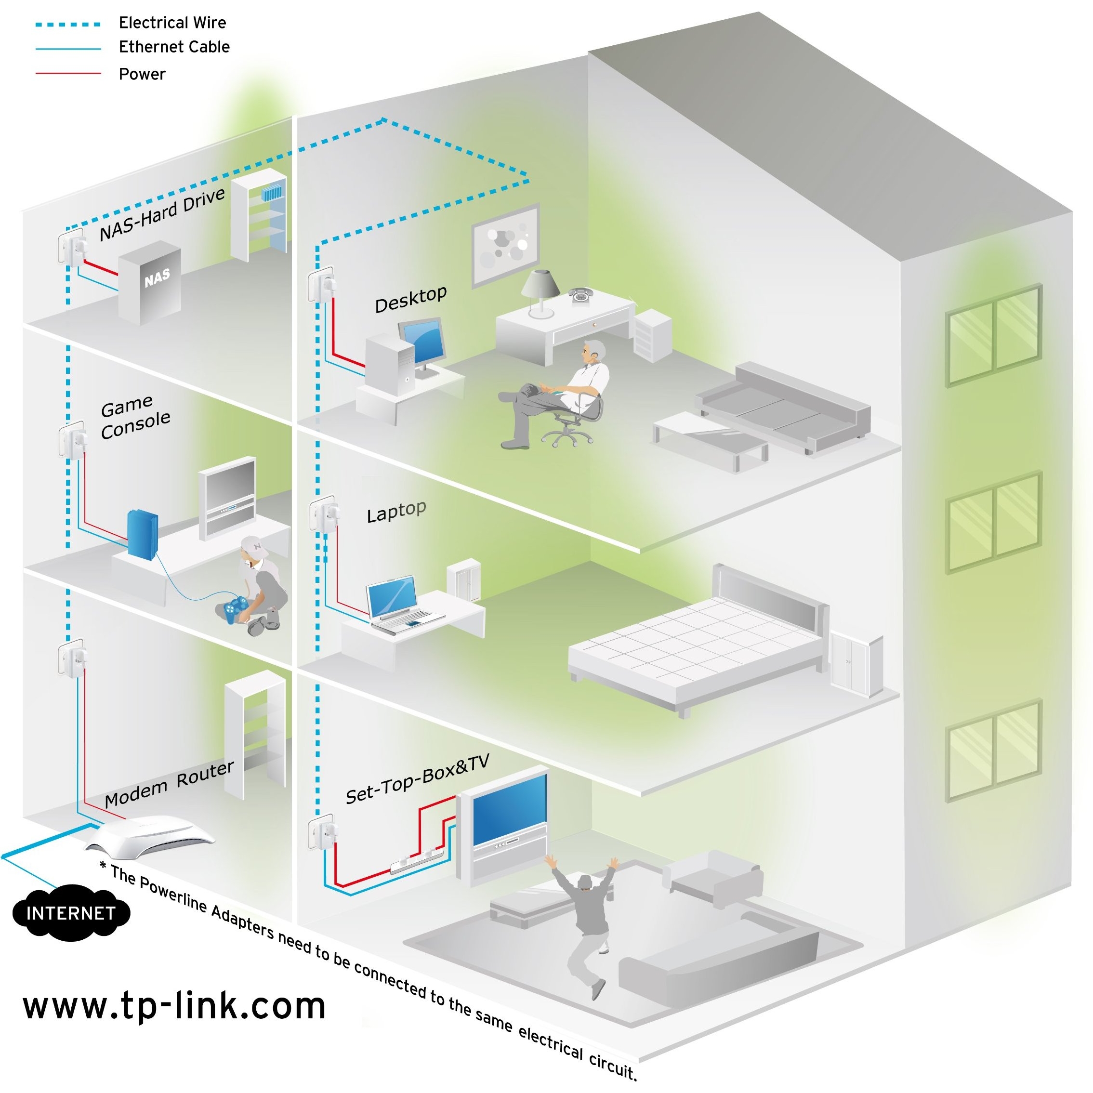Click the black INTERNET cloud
coord(71,912)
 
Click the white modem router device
coord(150,835)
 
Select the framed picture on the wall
coord(505,244)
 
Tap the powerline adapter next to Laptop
coord(325,514)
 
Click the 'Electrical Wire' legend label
coord(172,23)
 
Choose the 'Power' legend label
coord(142,74)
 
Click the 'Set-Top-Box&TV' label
coord(417,778)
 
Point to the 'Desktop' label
coord(411,299)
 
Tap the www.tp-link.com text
coord(174,1006)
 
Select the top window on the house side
coord(993,335)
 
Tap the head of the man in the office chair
coord(594,351)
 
